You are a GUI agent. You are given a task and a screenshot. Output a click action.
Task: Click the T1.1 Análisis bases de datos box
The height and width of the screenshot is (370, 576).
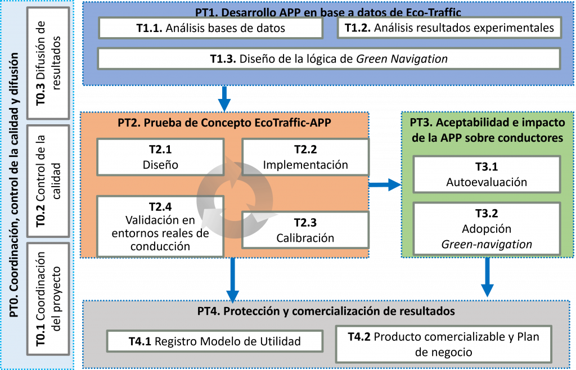coord(210,28)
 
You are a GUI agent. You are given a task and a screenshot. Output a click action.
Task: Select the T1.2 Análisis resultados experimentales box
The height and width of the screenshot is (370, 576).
coord(449,28)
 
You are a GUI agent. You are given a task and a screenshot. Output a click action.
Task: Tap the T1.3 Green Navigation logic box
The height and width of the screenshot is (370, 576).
coord(328,58)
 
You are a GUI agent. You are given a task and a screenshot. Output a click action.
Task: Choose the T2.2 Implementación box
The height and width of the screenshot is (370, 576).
coord(305,157)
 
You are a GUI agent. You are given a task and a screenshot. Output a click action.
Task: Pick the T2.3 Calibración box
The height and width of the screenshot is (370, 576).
coord(305,229)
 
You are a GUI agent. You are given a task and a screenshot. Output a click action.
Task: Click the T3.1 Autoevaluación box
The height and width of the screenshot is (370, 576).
coord(487,174)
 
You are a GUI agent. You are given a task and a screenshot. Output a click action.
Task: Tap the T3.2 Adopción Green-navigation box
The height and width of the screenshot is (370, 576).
coord(487,228)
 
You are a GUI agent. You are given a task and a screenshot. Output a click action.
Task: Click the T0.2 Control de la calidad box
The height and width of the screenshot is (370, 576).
coord(48,180)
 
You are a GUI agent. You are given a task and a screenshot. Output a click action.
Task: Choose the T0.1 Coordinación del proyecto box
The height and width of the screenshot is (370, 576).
coord(48,301)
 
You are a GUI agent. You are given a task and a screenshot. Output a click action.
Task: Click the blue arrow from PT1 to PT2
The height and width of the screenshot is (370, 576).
coord(224,98)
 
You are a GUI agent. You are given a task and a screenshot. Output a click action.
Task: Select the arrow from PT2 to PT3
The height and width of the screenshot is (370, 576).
coord(385,184)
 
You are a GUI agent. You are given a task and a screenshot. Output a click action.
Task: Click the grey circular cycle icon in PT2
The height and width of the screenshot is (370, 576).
coord(232,193)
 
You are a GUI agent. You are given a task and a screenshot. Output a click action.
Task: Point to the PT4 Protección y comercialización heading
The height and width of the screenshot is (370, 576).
coord(326,310)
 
